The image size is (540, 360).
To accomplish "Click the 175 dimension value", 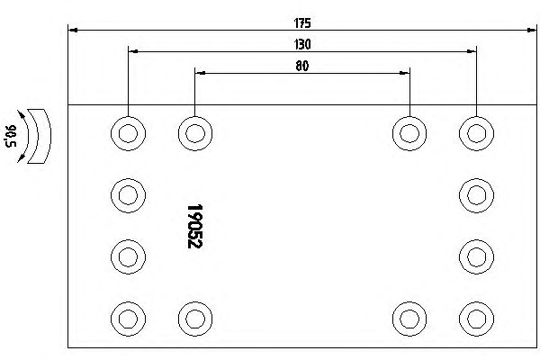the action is coord(302,23).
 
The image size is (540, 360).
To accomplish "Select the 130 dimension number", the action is coord(302,44).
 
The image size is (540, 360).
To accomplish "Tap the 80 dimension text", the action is coord(302,66).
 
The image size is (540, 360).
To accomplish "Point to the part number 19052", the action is coord(195,226).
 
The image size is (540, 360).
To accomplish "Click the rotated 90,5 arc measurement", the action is coord(11,136).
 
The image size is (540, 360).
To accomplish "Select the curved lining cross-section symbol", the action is coord(40,136).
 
